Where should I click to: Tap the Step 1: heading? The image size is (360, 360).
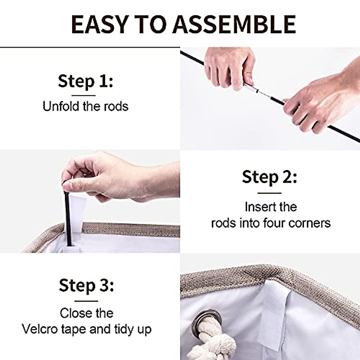[85, 81]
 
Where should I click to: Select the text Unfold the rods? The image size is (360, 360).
[85, 106]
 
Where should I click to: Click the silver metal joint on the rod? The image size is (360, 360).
[251, 88]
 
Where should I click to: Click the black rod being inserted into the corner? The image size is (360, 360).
[68, 219]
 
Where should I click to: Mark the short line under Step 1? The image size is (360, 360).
[84, 95]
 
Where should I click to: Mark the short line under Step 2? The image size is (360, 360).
[269, 193]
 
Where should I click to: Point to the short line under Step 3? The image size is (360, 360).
[86, 301]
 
